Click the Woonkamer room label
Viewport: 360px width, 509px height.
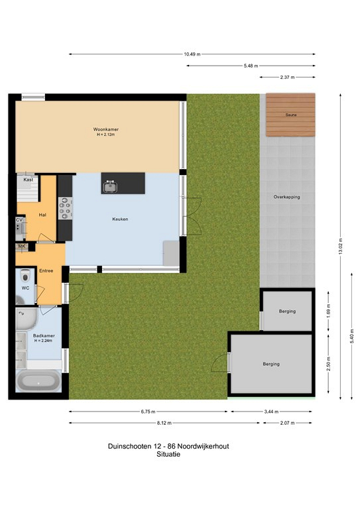(106, 129)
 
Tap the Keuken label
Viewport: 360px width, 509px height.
(120, 219)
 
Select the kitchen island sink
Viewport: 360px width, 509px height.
(110, 186)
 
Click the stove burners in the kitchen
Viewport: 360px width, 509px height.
(65, 207)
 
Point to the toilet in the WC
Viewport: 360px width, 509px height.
(25, 276)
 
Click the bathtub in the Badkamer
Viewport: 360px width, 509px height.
(38, 381)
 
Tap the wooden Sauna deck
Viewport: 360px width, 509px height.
(290, 115)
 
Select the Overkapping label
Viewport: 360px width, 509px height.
(286, 197)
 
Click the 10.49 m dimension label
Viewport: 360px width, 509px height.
(192, 54)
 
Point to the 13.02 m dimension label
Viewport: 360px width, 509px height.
(341, 247)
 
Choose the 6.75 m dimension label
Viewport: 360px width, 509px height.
(148, 412)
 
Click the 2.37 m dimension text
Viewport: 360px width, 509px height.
(287, 78)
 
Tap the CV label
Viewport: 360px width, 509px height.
(19, 220)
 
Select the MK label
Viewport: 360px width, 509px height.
(21, 246)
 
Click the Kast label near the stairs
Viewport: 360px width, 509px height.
(29, 180)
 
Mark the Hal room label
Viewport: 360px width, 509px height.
(42, 215)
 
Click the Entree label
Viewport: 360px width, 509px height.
(46, 270)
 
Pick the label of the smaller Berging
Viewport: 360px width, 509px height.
(287, 311)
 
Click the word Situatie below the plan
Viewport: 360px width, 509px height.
(168, 454)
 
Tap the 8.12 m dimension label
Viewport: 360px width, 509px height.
(164, 423)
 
